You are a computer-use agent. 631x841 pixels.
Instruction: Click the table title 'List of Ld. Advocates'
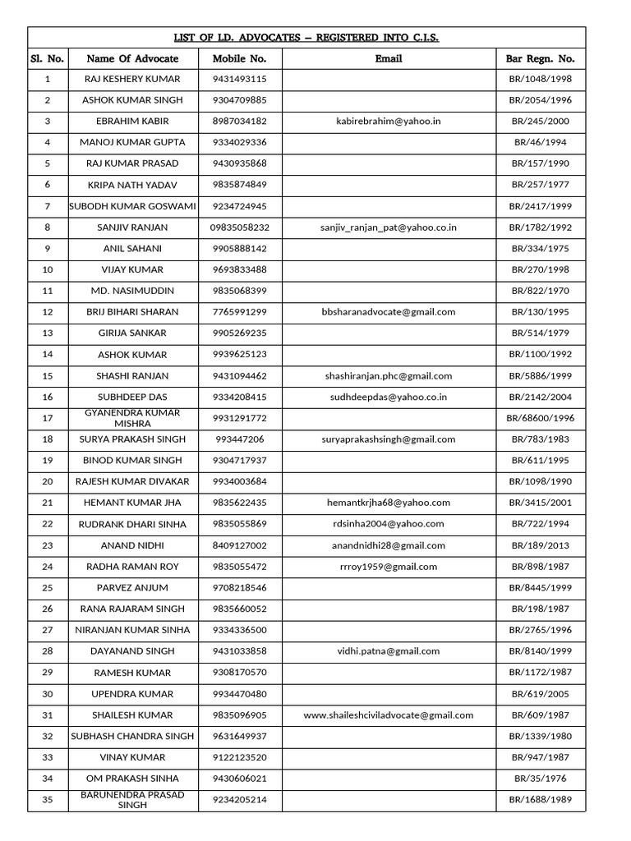point(306,38)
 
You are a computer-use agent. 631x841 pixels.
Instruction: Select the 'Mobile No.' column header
point(239,59)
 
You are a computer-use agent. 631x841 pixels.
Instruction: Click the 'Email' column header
point(388,59)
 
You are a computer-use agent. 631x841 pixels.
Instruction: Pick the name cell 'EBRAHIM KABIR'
point(132,121)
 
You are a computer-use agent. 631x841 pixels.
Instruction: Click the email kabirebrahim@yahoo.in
point(388,121)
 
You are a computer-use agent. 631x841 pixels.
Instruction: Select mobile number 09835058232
point(240,227)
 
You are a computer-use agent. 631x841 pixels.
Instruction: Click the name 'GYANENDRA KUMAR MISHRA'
point(132,418)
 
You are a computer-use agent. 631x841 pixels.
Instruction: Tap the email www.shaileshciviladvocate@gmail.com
point(388,715)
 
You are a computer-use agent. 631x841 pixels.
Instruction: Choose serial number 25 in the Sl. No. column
point(48,588)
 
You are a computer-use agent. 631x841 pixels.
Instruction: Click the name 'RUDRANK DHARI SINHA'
point(132,524)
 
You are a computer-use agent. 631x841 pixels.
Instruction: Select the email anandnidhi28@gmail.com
point(388,545)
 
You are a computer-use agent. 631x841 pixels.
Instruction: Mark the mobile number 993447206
point(239,439)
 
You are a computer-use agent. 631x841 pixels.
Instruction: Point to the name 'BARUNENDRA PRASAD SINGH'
point(132,800)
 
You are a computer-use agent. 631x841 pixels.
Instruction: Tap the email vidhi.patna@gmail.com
point(388,651)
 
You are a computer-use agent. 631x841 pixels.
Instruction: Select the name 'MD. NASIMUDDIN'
point(132,291)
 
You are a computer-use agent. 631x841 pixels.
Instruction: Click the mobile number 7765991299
point(239,312)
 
